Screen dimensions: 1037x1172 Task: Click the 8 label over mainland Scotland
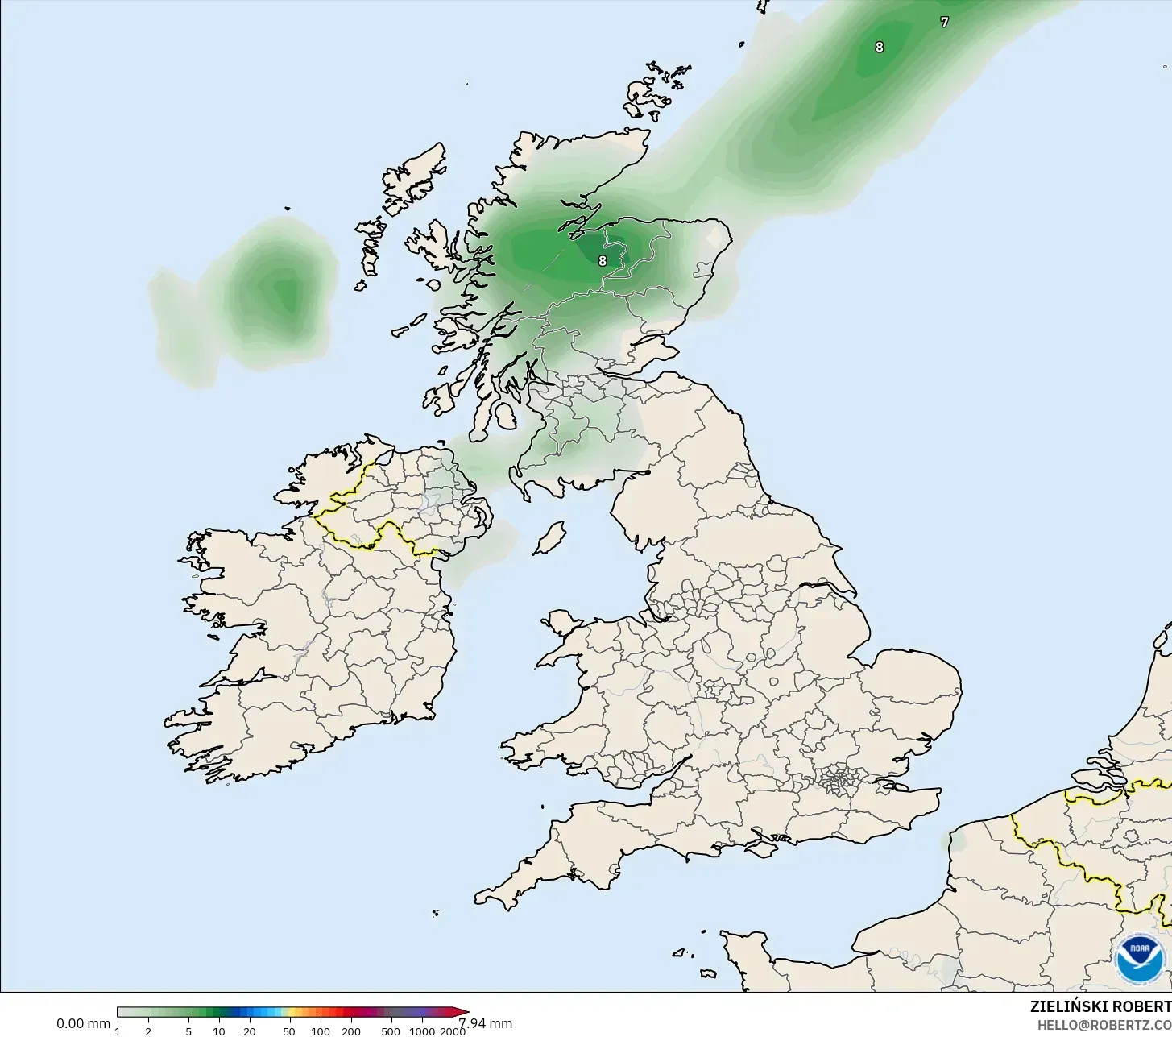click(603, 261)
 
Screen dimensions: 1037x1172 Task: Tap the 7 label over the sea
click(944, 23)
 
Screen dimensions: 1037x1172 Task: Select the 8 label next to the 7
click(879, 48)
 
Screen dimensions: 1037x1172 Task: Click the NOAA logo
click(1140, 958)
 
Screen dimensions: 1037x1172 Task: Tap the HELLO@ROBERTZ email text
click(1104, 1025)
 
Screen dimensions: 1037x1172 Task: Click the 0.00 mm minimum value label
click(83, 1024)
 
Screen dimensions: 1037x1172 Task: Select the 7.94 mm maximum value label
click(486, 1024)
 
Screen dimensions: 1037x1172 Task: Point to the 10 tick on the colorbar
click(218, 1031)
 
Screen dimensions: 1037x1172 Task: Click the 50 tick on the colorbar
click(289, 1031)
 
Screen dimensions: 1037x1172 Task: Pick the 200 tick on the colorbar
click(351, 1031)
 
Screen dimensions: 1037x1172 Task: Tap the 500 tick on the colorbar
click(391, 1031)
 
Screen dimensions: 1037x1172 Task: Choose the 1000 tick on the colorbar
click(422, 1031)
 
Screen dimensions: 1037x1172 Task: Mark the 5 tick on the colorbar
click(188, 1031)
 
